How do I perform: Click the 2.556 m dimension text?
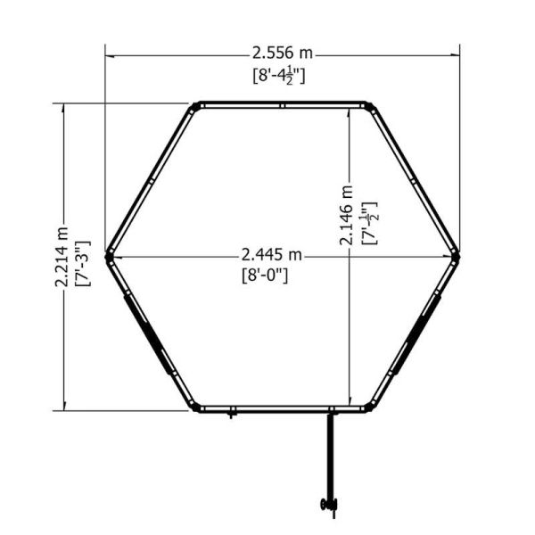tap(282, 53)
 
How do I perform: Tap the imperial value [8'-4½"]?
tap(279, 76)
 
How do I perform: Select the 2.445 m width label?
tap(272, 254)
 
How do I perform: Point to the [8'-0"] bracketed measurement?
tap(265, 275)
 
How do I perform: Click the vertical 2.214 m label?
tap(62, 256)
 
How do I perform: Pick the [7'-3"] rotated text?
tap(83, 263)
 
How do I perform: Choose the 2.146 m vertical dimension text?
tap(346, 215)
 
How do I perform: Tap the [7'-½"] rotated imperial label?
tap(369, 223)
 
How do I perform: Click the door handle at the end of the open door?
tap(329, 505)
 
